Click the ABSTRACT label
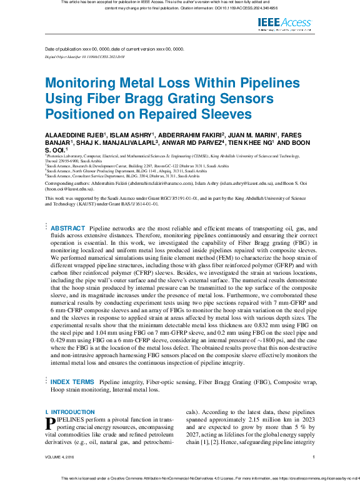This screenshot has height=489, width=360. coord(68,228)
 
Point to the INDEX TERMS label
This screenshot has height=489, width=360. coord(72,381)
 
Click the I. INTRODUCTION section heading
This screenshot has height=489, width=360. coord(70,412)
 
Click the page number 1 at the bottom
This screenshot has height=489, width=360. coord(313,457)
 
